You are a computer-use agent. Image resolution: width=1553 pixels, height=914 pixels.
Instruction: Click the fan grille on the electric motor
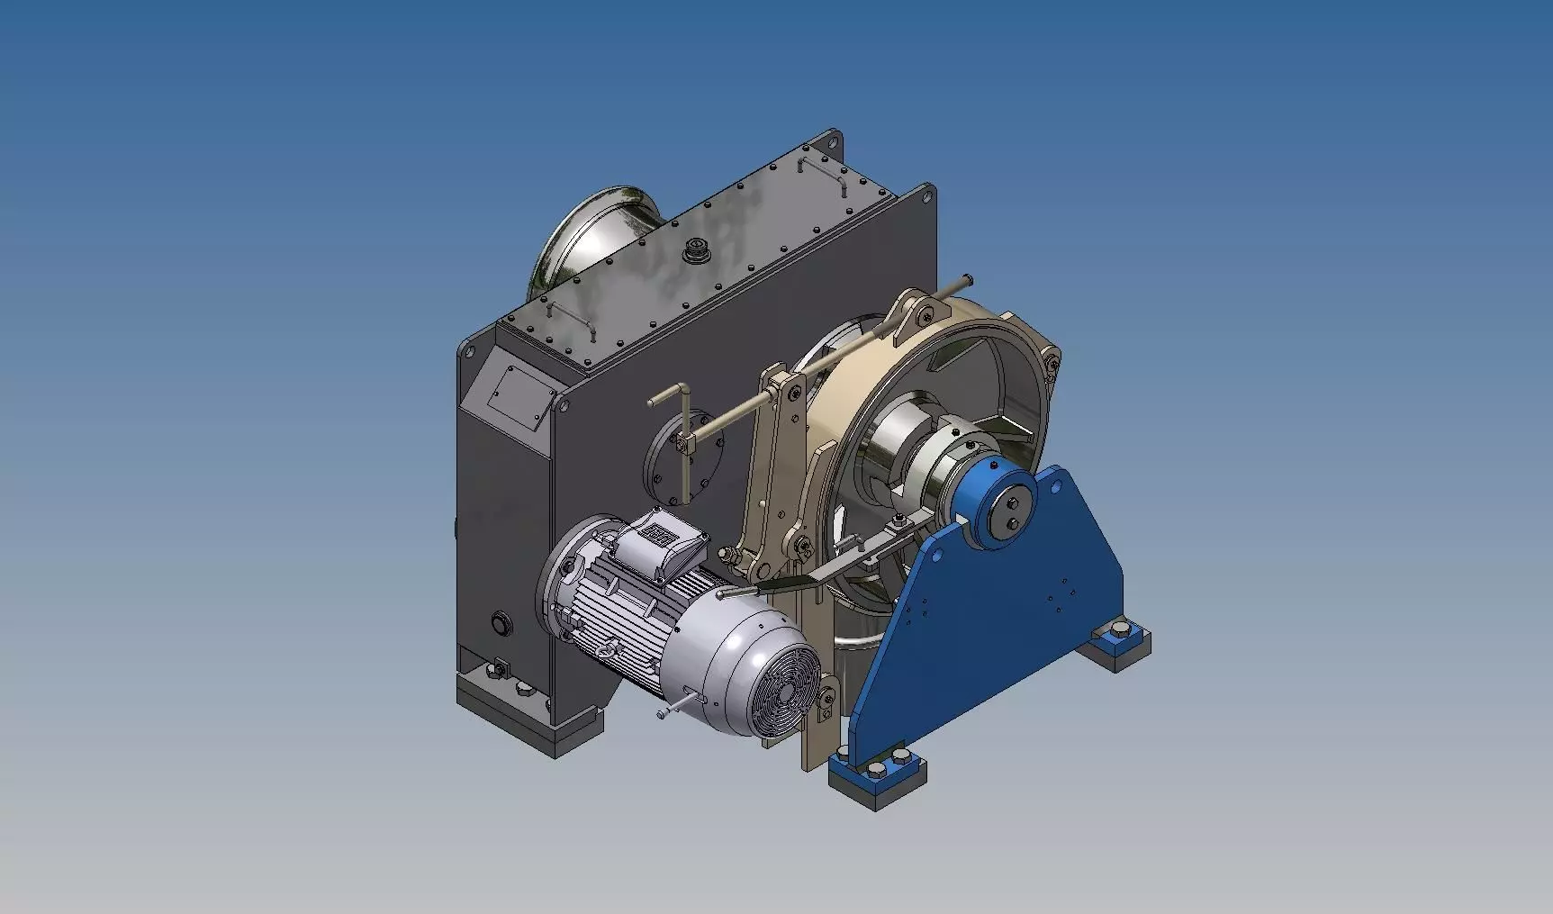tap(780, 692)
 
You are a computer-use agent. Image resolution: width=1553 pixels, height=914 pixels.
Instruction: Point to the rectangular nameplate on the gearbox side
tap(518, 396)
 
